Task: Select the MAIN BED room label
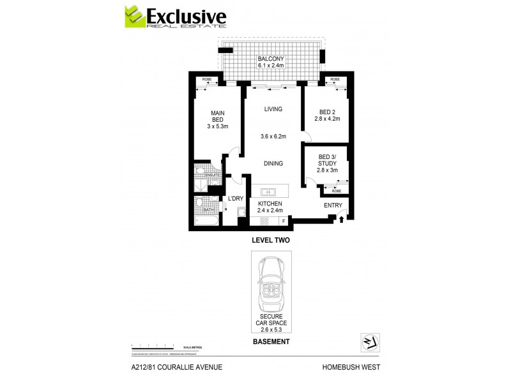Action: click(x=217, y=119)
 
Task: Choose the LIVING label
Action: click(x=273, y=109)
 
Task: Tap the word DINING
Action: click(x=273, y=164)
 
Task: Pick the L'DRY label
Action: click(x=236, y=199)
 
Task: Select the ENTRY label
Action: click(x=333, y=205)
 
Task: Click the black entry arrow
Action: click(x=341, y=220)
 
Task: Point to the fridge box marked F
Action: click(x=283, y=221)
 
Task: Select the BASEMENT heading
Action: click(x=272, y=342)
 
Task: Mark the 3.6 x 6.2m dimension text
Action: click(x=273, y=136)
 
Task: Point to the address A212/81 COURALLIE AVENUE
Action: click(x=172, y=367)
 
